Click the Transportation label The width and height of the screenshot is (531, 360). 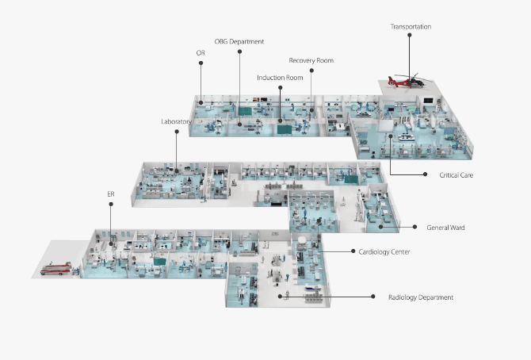click(x=411, y=27)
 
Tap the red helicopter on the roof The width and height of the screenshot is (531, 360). click(x=405, y=80)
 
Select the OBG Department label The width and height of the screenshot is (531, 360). click(x=239, y=41)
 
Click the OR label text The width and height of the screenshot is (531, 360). click(x=201, y=53)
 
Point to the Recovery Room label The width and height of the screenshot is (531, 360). click(x=311, y=60)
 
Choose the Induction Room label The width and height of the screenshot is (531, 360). click(x=280, y=78)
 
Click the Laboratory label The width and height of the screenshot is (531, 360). click(x=176, y=121)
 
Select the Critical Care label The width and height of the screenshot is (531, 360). click(x=456, y=174)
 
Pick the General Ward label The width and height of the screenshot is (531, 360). click(x=445, y=228)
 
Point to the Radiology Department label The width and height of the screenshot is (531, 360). click(x=421, y=297)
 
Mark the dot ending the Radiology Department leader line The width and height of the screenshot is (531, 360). click(x=373, y=297)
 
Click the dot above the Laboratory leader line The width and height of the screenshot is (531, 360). click(x=176, y=132)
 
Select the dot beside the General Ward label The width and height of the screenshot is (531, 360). click(x=414, y=228)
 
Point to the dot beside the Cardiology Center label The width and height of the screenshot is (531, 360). click(x=352, y=251)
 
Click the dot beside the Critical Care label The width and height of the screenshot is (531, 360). click(x=426, y=174)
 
